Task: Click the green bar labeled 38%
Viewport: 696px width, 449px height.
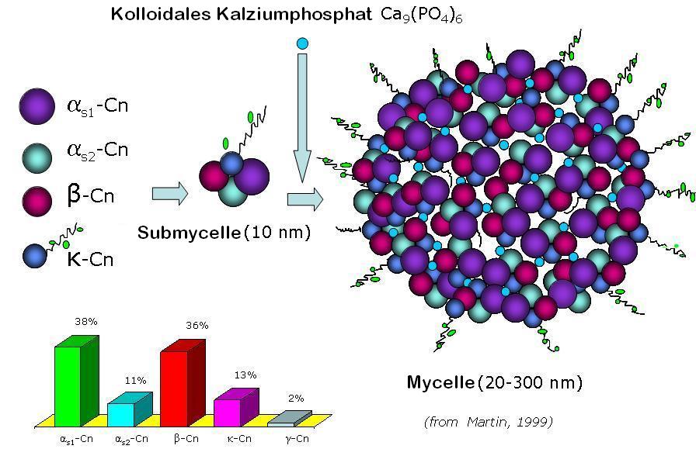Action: click(x=76, y=382)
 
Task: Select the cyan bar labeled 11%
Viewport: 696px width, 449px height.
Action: click(x=130, y=409)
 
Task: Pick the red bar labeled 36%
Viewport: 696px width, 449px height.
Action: click(x=183, y=383)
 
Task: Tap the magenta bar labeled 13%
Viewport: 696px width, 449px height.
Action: click(x=236, y=408)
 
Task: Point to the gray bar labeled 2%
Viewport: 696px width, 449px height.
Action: click(x=290, y=419)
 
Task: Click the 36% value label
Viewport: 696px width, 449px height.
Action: click(x=197, y=326)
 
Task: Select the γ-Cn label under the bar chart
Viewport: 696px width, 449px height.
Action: click(x=297, y=439)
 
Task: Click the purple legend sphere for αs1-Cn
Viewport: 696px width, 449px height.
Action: click(x=37, y=106)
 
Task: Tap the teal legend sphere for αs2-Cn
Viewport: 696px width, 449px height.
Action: click(x=37, y=157)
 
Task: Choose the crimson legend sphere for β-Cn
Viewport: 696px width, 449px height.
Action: click(x=37, y=201)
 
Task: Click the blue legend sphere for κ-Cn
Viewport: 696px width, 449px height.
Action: click(x=35, y=256)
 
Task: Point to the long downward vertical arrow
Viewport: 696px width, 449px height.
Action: click(x=302, y=118)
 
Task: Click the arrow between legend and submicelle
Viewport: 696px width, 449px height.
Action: click(x=170, y=194)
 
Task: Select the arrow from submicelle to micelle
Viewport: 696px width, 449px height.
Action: click(x=305, y=199)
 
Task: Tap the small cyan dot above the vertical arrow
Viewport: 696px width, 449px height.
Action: click(x=302, y=43)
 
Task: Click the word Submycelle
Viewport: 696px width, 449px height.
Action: click(x=189, y=233)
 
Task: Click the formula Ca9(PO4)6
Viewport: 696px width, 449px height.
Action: click(x=421, y=16)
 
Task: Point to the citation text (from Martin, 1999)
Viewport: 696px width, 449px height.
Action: click(x=489, y=421)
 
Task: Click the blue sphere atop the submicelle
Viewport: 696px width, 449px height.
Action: click(x=231, y=164)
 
